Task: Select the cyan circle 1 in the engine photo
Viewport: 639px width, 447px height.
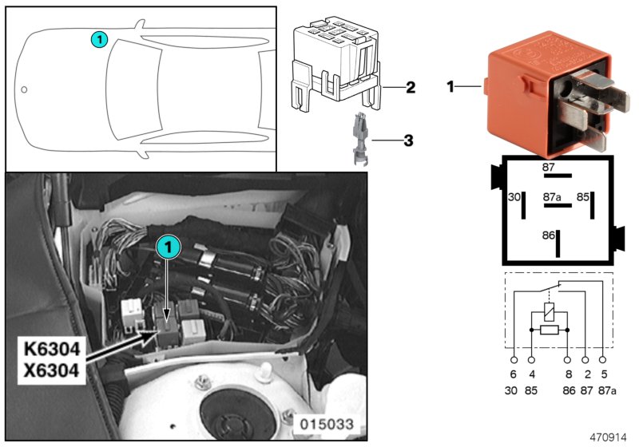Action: (x=167, y=248)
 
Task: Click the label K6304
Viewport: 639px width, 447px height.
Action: (x=51, y=350)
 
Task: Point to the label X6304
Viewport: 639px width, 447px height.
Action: (x=51, y=370)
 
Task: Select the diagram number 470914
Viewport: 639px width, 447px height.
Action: (x=609, y=438)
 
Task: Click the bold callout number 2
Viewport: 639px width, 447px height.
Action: (x=409, y=86)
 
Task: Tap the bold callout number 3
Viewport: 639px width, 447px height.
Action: (x=407, y=141)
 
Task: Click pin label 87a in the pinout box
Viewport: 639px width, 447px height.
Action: (x=551, y=196)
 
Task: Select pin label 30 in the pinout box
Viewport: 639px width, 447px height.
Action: (x=514, y=196)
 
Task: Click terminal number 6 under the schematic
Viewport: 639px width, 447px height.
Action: (x=513, y=374)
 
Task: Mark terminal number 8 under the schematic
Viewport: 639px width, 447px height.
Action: (x=567, y=374)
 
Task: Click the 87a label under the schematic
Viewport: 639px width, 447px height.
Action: (x=605, y=391)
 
